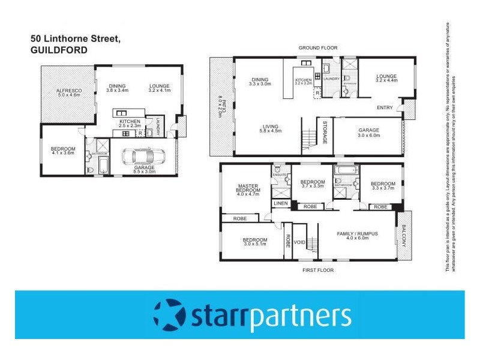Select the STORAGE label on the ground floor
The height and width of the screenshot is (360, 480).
325,132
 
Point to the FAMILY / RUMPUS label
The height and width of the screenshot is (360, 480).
358,233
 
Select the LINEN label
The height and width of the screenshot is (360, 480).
281,204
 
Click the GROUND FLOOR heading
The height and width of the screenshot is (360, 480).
319,47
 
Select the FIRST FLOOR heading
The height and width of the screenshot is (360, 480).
318,270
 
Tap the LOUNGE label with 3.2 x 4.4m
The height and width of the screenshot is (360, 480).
387,76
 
